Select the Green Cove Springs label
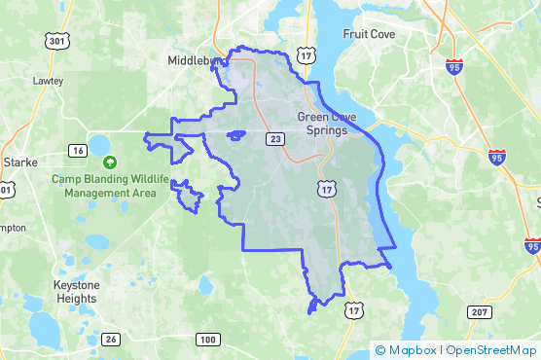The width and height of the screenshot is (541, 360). pos(326,125)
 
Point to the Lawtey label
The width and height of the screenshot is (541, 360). pos(47,81)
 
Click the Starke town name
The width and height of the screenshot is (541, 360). pos(19,161)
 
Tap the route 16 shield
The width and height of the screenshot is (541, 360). pos(77,150)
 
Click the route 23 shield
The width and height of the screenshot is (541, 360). pos(277,140)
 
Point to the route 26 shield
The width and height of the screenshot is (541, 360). pos(111,340)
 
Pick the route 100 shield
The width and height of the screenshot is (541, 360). pos(207,340)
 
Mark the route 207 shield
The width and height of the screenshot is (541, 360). pos(478,310)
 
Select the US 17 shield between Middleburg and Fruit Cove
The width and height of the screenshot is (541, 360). pos(307,58)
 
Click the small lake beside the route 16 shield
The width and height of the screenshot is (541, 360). pos(99,146)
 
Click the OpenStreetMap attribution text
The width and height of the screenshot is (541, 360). pos(491,350)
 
